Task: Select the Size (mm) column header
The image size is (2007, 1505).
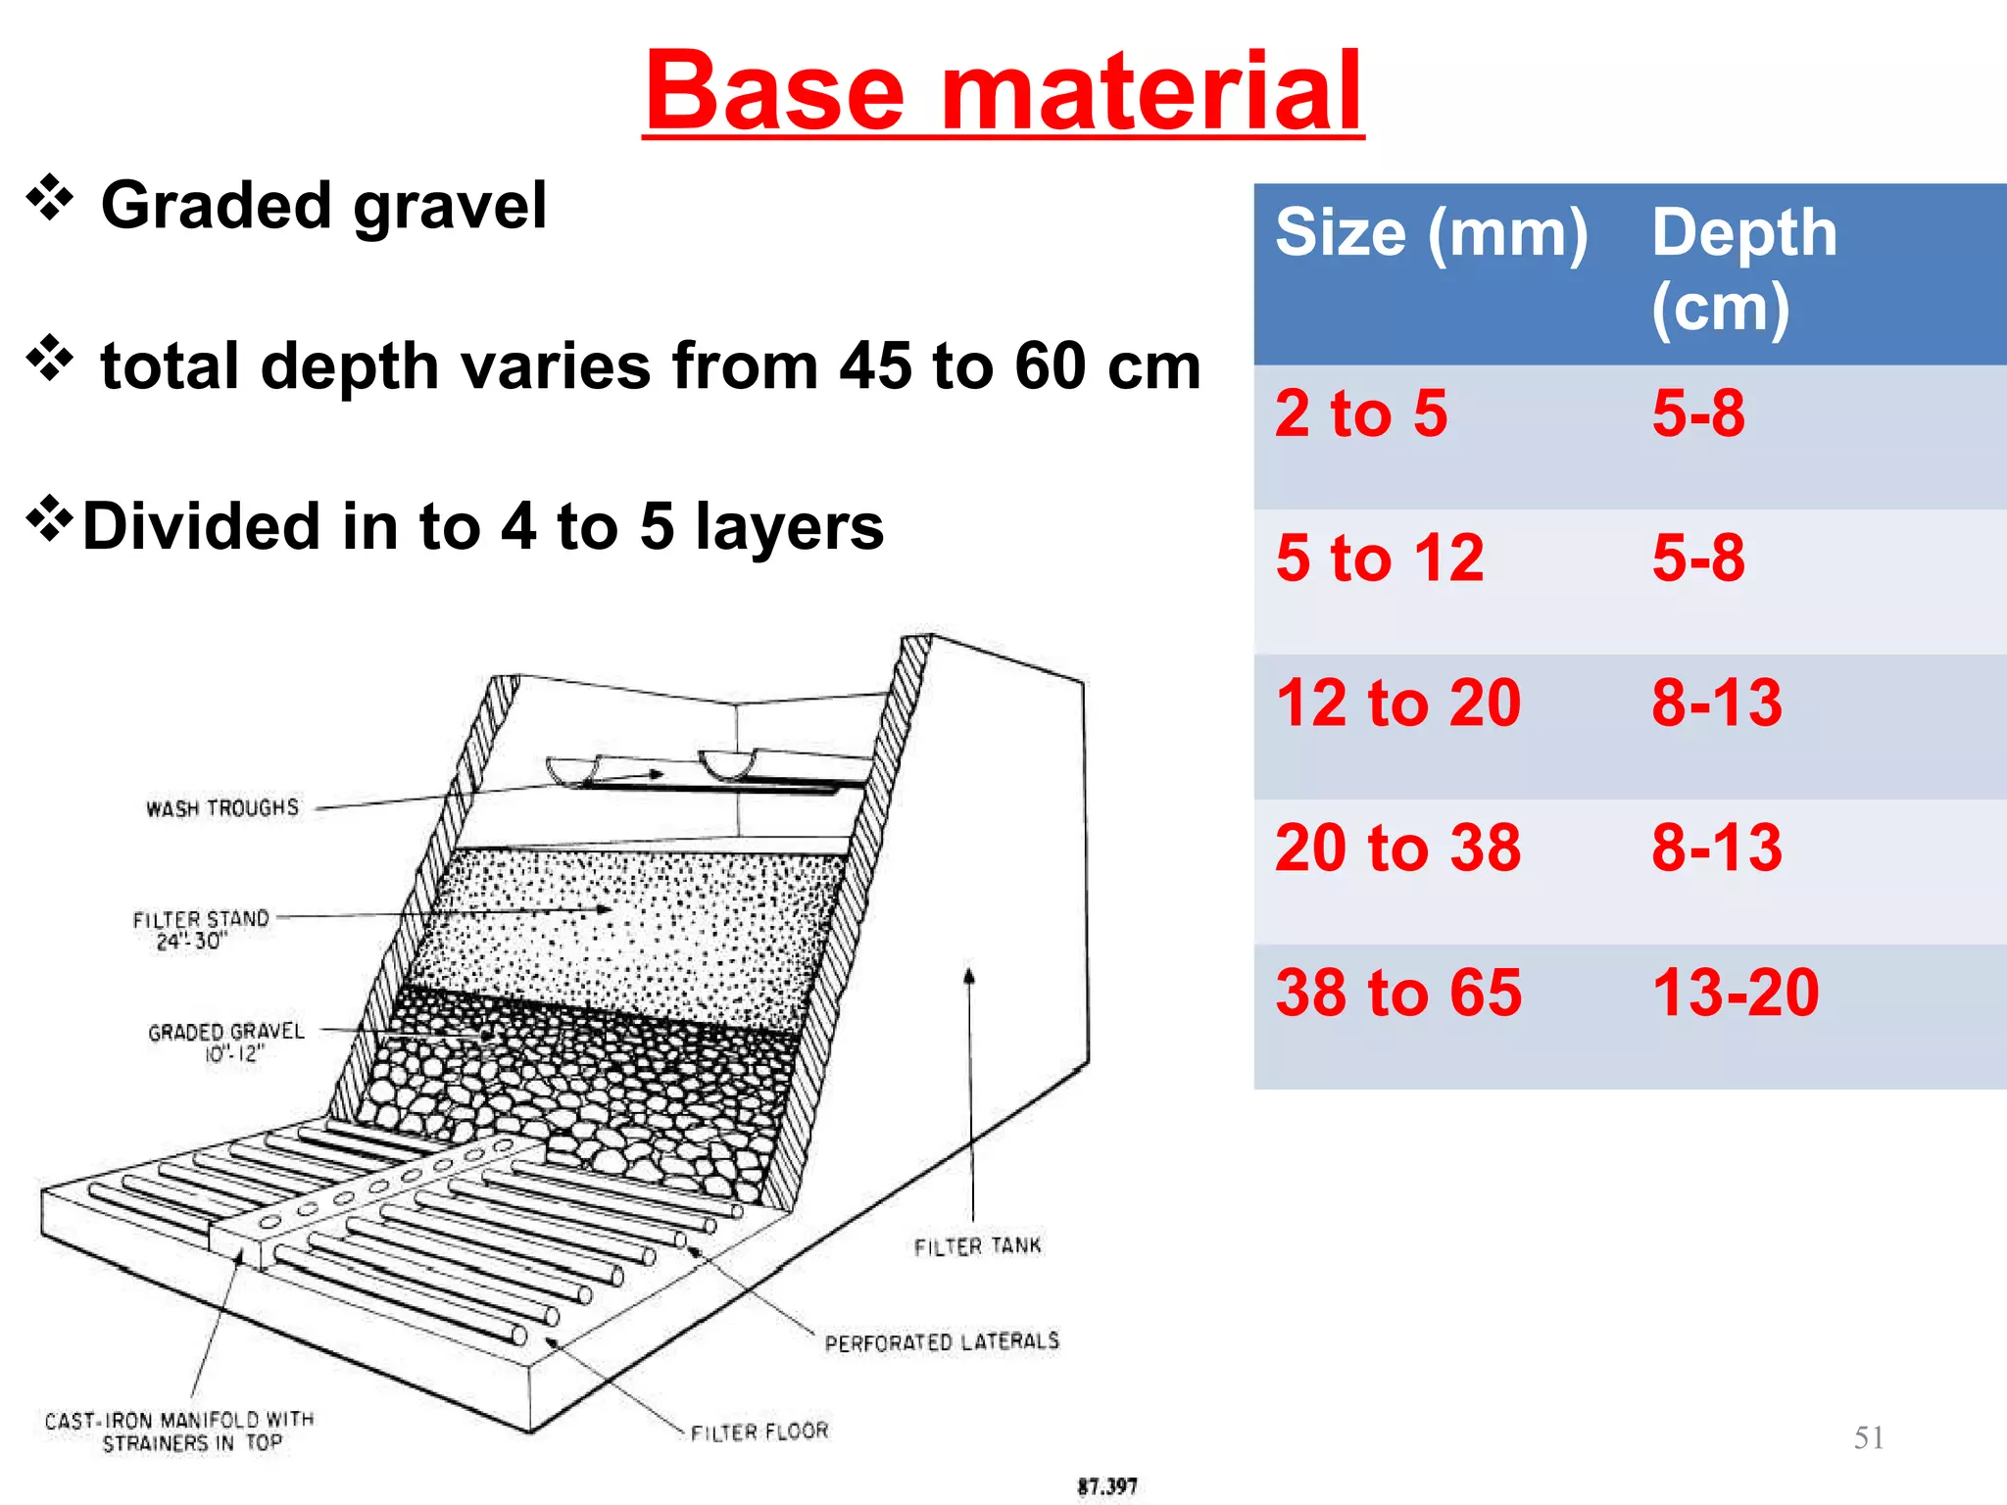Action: click(x=1431, y=233)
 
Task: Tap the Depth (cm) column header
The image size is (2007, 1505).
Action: click(x=1743, y=269)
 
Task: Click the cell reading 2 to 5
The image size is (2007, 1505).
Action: click(x=1361, y=413)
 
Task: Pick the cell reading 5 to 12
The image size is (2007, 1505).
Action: click(x=1379, y=558)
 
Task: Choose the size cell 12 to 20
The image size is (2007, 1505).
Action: click(x=1397, y=703)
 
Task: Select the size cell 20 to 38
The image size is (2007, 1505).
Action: click(x=1397, y=848)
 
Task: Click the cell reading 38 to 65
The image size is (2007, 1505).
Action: click(x=1398, y=993)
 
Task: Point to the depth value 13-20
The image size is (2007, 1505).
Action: click(x=1735, y=993)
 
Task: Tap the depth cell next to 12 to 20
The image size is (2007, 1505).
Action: click(x=1716, y=703)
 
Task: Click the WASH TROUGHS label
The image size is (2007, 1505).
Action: click(x=222, y=808)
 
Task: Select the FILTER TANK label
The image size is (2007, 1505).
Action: click(x=977, y=1246)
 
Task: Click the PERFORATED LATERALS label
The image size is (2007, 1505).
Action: click(x=942, y=1341)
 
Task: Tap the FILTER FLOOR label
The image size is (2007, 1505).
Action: click(x=759, y=1432)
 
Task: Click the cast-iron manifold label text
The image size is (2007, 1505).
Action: click(x=179, y=1432)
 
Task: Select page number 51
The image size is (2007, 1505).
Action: click(x=1868, y=1437)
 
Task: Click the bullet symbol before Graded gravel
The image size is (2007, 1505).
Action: click(x=50, y=199)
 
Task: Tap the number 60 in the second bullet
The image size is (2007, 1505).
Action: click(x=1051, y=366)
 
